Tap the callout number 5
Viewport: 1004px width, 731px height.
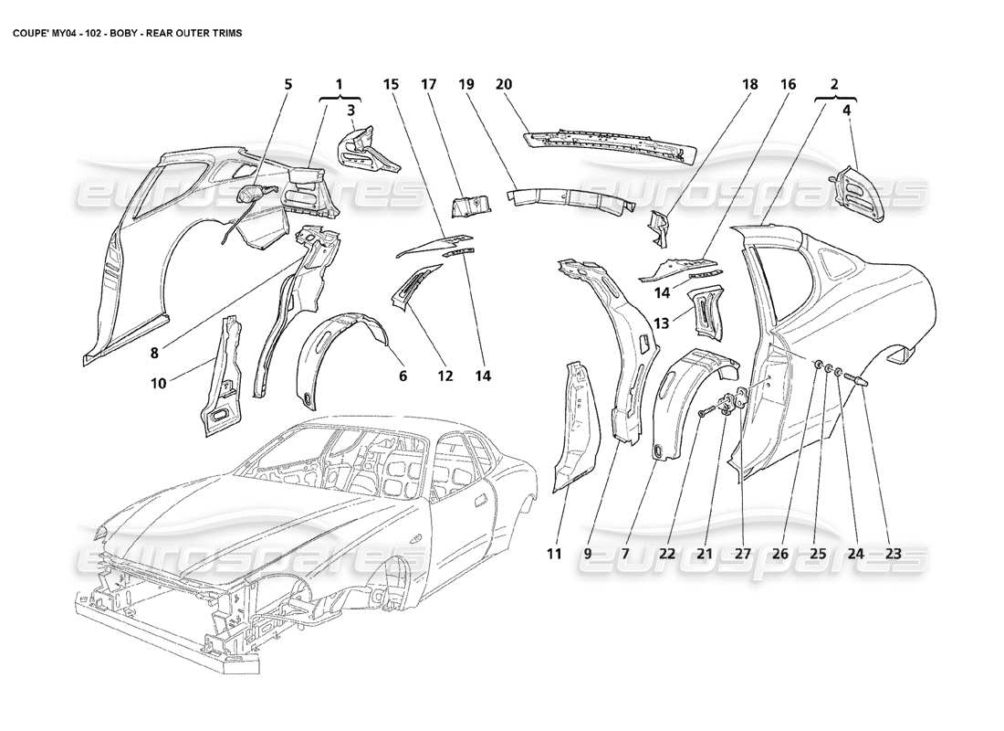[x=288, y=84]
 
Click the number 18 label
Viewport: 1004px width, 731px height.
[x=749, y=84]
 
